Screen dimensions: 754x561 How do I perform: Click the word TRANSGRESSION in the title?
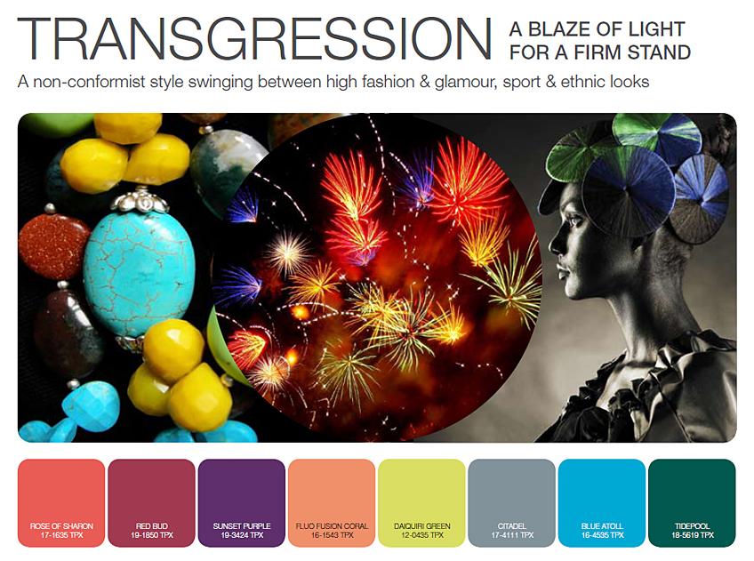click(x=254, y=39)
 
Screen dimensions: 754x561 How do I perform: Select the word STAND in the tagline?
click(x=659, y=52)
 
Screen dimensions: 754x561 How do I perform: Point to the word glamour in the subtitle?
click(x=466, y=82)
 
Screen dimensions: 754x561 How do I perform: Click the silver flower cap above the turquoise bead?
click(x=140, y=201)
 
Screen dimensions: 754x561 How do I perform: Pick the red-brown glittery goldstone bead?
click(x=52, y=245)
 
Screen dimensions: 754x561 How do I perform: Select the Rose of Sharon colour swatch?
click(x=61, y=503)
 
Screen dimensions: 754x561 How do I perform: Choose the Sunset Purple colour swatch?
click(x=241, y=503)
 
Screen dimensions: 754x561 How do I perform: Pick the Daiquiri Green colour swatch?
click(x=421, y=503)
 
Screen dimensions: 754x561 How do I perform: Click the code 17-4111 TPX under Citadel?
click(x=512, y=535)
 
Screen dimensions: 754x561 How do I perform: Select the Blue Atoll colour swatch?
click(x=602, y=503)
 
